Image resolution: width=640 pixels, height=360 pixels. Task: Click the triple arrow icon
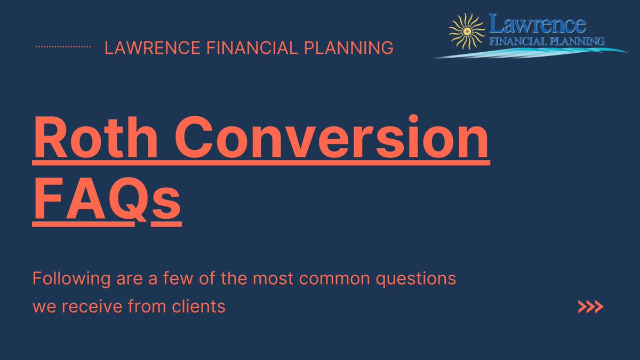click(590, 307)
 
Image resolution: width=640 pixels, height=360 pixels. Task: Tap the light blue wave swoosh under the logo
click(528, 52)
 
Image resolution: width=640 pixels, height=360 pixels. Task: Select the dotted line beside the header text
click(62, 47)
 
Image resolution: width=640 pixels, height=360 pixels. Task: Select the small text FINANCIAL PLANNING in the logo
click(547, 41)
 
